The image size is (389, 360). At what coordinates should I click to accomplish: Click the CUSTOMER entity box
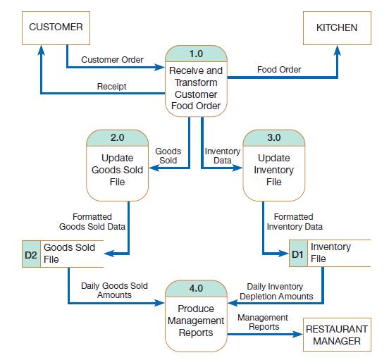coord(56,27)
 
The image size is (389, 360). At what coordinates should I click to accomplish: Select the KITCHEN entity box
coord(336,27)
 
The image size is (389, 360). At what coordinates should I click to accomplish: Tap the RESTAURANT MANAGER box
coord(336,335)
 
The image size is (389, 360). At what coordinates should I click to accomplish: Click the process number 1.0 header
coord(196,54)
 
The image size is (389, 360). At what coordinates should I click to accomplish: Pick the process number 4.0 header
coord(196,288)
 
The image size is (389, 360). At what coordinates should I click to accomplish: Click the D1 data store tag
coord(297,254)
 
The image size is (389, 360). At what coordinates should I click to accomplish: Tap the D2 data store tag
coord(30,254)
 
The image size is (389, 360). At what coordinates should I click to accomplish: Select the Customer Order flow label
coord(112,60)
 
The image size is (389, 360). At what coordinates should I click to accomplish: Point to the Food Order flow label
coord(279,69)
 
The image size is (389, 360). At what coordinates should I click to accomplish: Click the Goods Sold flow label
coord(168,156)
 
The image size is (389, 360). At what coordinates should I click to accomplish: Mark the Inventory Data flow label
coord(222,156)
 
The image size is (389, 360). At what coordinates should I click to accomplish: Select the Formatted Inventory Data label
coord(295,222)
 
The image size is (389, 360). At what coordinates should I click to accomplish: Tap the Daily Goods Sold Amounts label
coord(114,290)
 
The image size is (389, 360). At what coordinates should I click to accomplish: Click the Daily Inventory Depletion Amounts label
coord(276,292)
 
